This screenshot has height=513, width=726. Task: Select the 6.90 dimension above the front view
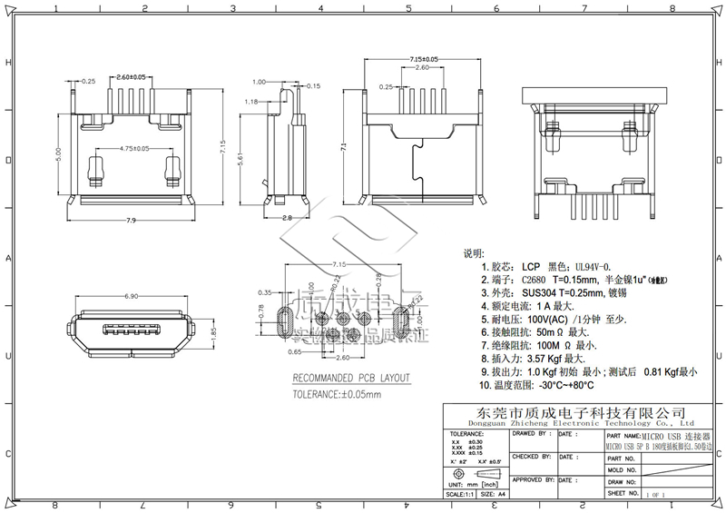click(x=130, y=297)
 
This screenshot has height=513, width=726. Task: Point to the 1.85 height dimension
click(x=213, y=334)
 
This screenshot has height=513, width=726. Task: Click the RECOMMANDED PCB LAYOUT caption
click(x=351, y=378)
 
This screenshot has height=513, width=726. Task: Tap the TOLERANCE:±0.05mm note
click(x=337, y=395)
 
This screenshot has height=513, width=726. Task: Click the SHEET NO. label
click(x=622, y=493)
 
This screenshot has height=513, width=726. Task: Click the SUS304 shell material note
click(x=563, y=293)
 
